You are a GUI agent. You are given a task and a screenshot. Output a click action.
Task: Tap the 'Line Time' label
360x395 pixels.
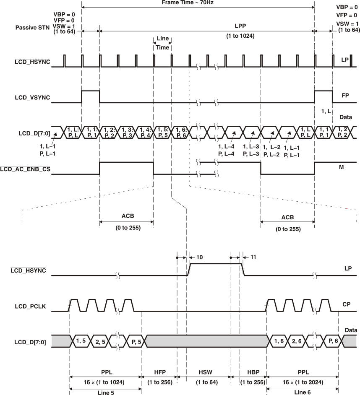point(162,43)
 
